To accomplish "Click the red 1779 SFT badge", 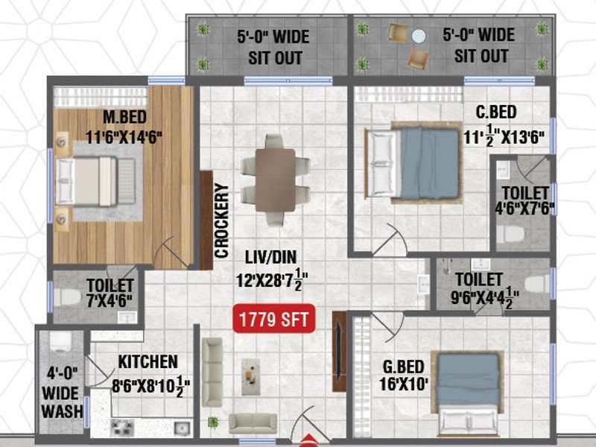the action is click(273, 319).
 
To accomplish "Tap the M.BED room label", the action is click(124, 117).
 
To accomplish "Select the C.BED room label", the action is click(496, 112).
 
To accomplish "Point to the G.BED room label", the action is click(403, 367).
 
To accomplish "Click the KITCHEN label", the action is click(148, 362).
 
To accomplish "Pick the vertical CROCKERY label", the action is click(221, 221).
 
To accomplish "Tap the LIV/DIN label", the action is click(270, 257).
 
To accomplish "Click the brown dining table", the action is click(276, 180).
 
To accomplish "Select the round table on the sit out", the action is click(419, 37).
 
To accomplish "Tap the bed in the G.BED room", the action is click(468, 394).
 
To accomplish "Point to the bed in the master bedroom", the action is click(95, 181).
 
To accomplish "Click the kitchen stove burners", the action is click(122, 428).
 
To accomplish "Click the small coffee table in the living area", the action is click(251, 376).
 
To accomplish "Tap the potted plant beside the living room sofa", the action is click(213, 422).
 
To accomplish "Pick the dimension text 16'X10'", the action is click(404, 384).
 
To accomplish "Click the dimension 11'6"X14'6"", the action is click(124, 137).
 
